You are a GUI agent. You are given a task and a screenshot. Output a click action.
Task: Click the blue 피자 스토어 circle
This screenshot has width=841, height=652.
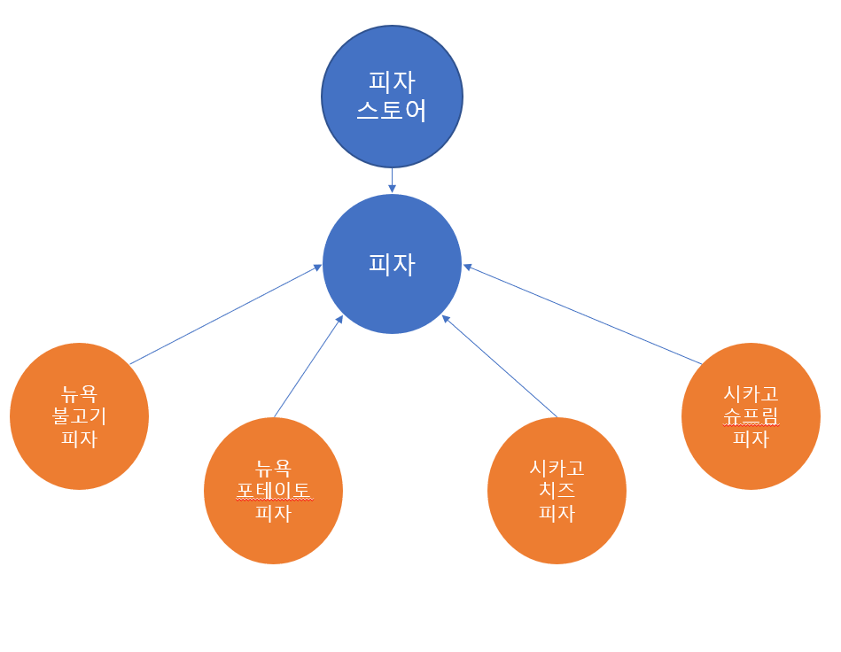(392, 97)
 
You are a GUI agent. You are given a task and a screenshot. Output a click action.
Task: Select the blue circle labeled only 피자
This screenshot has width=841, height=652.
(392, 264)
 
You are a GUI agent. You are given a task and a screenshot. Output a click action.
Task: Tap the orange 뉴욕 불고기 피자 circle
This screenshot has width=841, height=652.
(80, 416)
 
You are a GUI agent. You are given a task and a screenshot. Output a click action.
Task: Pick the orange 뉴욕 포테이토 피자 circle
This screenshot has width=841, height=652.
(274, 491)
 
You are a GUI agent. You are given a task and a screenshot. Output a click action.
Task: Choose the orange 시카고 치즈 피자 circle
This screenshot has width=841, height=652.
(557, 491)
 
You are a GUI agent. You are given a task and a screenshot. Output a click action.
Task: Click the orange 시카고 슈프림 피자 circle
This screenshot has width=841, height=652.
(751, 416)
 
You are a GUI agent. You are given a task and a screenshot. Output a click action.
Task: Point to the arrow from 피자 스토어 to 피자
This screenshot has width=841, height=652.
(392, 181)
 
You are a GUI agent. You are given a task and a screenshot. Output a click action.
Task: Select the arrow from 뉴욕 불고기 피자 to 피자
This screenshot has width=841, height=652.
(225, 314)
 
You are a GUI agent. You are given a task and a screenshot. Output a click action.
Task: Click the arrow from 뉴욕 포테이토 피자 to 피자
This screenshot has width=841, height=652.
(308, 366)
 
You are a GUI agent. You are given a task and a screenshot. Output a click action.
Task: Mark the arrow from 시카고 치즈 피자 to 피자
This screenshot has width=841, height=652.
(499, 366)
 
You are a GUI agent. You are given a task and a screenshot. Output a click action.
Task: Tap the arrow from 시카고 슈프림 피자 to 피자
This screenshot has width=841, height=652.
(582, 314)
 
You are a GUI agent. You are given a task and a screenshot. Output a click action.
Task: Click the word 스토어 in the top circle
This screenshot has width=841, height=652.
(392, 111)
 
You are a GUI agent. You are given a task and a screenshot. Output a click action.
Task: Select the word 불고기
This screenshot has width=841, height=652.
(80, 416)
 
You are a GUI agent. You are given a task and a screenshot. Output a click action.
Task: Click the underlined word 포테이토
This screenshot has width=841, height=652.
(274, 490)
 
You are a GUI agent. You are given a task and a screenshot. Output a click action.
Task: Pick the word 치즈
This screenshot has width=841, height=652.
(557, 490)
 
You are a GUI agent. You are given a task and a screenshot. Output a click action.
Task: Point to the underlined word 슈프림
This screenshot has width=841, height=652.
(751, 415)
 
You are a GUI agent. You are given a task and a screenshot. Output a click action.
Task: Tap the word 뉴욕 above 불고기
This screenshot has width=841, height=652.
(80, 394)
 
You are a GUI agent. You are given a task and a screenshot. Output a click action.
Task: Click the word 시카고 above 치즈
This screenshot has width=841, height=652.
(557, 468)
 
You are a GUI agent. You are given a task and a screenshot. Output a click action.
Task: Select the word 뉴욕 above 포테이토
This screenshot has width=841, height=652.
(274, 468)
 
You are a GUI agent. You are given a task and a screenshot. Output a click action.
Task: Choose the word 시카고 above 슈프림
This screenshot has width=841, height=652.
(751, 393)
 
